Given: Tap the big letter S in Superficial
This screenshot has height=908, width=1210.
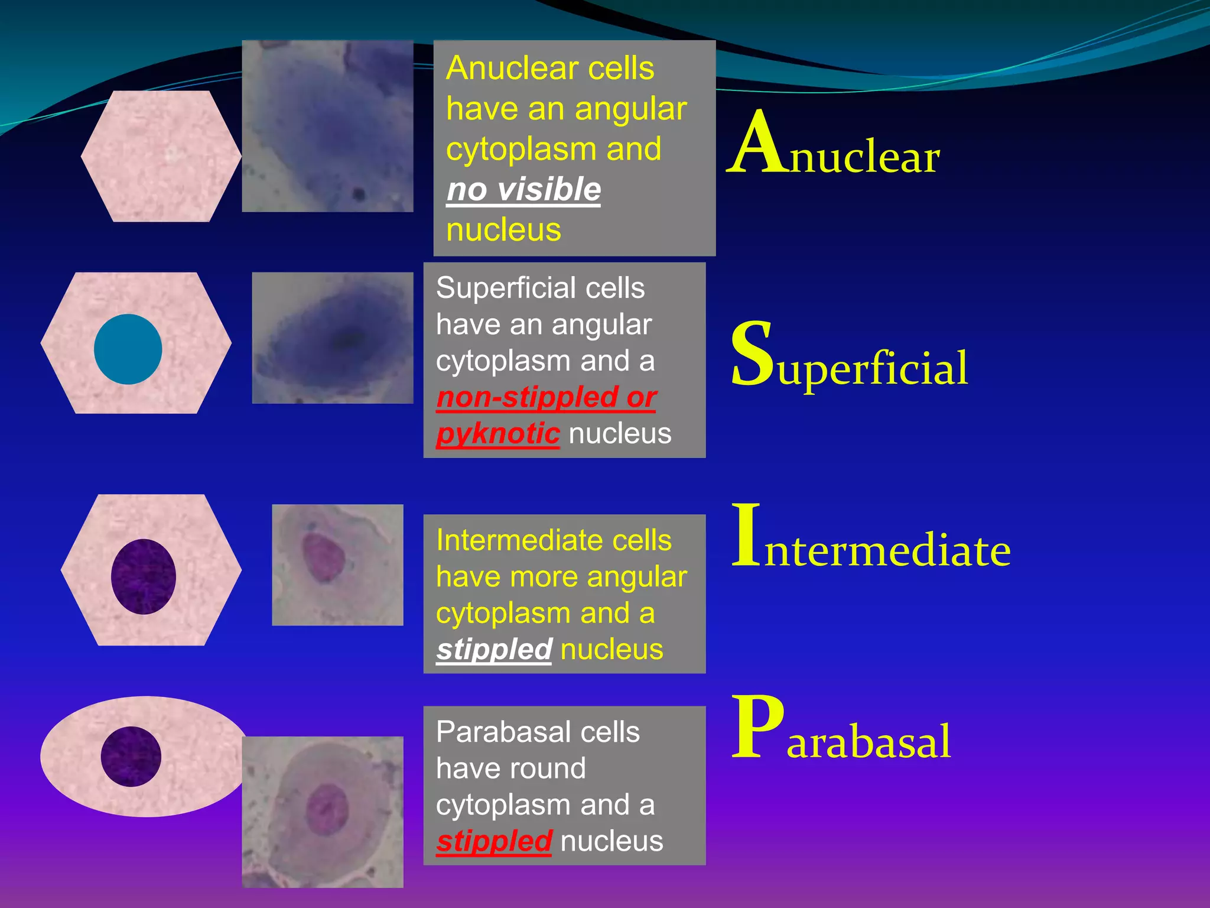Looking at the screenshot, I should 752,355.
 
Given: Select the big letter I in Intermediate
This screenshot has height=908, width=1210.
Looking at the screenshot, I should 746,535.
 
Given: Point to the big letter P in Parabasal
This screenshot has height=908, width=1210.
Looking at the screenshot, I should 758,728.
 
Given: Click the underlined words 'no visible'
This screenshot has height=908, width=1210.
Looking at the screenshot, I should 523,190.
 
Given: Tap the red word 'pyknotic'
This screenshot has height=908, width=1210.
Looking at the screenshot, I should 497,434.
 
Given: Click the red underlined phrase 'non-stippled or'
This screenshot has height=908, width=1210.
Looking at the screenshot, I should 546,397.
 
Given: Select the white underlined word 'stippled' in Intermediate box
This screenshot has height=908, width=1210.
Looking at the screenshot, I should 494,649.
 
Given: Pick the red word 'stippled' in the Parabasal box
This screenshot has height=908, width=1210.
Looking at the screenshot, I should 494,841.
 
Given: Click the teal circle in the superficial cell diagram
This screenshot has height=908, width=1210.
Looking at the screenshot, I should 128,349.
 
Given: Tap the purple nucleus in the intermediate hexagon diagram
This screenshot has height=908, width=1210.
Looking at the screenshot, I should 144,576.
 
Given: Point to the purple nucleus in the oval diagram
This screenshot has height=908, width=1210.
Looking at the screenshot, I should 131,757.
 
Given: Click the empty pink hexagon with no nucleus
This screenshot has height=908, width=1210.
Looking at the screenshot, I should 161,157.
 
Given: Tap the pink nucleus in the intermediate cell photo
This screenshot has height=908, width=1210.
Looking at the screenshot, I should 323,556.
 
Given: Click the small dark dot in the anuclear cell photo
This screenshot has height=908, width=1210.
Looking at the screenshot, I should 358,193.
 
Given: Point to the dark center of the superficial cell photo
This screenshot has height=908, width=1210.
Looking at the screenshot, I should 349,340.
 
